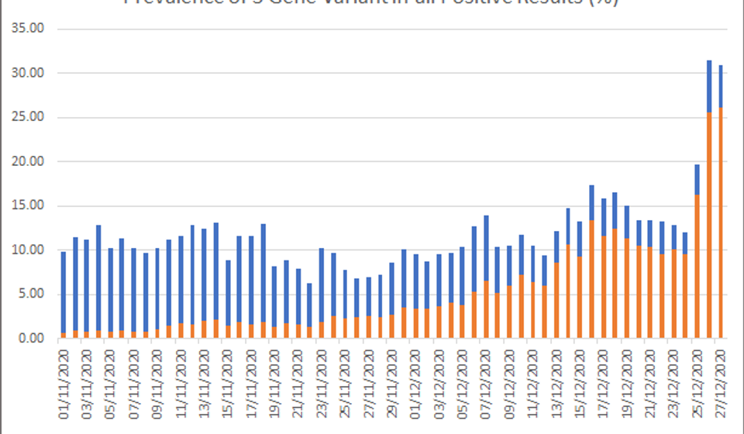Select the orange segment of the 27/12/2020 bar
tap(721, 225)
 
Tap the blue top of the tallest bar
tap(709, 85)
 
